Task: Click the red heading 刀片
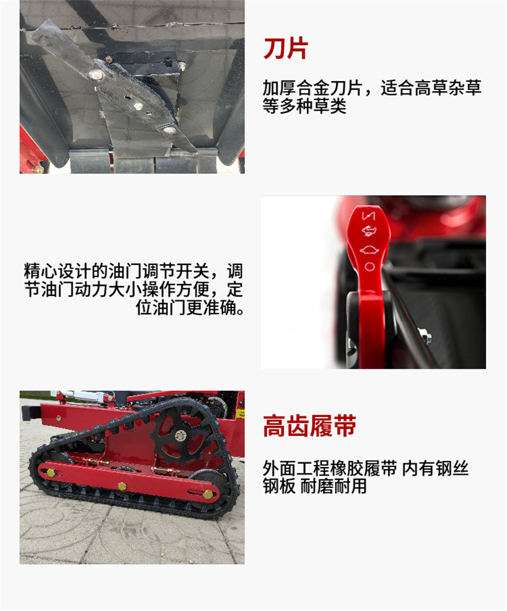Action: (285, 49)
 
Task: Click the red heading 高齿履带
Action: (309, 427)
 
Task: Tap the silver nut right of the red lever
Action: (426, 338)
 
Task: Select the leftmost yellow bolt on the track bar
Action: (51, 472)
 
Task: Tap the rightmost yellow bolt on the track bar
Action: (207, 494)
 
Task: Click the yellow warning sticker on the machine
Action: (240, 413)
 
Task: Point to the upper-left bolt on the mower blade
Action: (96, 74)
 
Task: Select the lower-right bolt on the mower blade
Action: (169, 129)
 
